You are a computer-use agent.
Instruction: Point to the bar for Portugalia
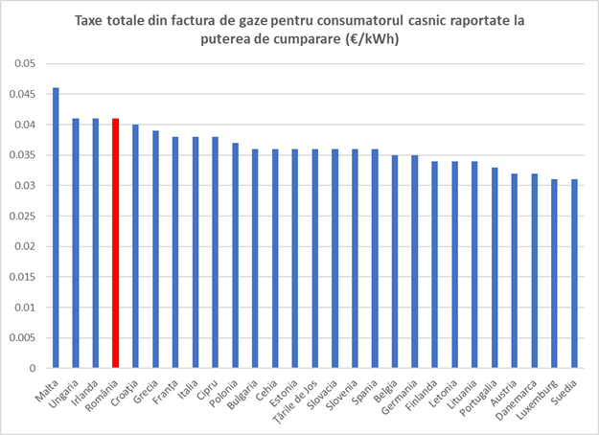point(495,268)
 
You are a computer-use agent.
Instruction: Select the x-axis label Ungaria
point(64,393)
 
